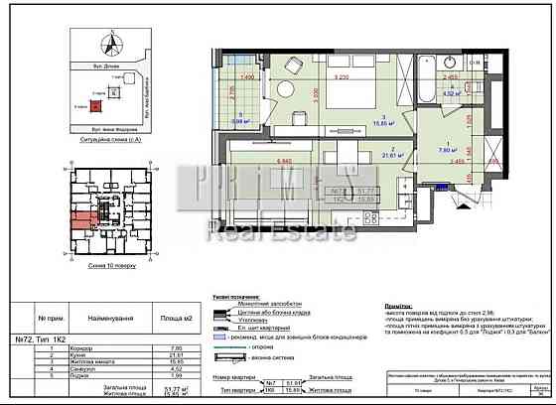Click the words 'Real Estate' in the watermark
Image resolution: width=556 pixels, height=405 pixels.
coord(281,232)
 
